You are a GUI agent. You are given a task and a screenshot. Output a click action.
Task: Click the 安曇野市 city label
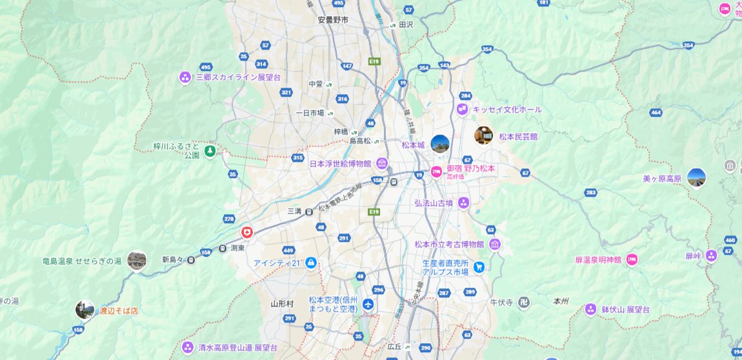pyautogui.click(x=333, y=20)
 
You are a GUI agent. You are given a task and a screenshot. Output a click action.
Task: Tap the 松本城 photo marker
pyautogui.click(x=440, y=144)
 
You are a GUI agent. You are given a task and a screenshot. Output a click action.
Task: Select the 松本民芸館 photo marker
pyautogui.click(x=483, y=135)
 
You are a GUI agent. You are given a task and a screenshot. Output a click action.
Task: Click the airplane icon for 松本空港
pyautogui.click(x=368, y=304)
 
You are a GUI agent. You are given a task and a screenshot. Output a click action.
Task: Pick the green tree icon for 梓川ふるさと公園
pyautogui.click(x=210, y=151)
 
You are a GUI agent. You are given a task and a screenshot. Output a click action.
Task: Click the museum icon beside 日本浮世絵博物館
pyautogui.click(x=382, y=164)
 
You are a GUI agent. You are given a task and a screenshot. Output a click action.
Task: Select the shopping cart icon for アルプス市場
pyautogui.click(x=479, y=267)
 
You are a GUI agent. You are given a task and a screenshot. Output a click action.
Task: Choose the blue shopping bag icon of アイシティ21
pyautogui.click(x=310, y=263)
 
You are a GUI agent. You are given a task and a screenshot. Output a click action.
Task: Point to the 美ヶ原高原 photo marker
pyautogui.click(x=696, y=177)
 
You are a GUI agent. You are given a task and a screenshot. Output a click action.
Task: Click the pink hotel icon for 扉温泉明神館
pyautogui.click(x=632, y=259)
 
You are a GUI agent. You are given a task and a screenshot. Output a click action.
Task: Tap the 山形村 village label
pyautogui.click(x=282, y=303)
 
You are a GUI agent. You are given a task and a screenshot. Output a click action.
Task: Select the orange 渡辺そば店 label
pyautogui.click(x=119, y=310)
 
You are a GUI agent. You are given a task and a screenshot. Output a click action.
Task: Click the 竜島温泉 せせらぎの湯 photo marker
pyautogui.click(x=136, y=260)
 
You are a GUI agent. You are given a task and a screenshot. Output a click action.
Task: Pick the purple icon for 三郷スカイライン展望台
pyautogui.click(x=185, y=77)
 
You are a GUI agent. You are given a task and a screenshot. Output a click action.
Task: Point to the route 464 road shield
pyautogui.click(x=656, y=113)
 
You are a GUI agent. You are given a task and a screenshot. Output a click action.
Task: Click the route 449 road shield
pyautogui.click(x=288, y=250)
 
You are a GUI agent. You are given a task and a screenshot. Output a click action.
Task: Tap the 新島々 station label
pyautogui.click(x=173, y=259)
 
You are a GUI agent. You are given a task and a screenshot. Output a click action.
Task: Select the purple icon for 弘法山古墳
pyautogui.click(x=463, y=203)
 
